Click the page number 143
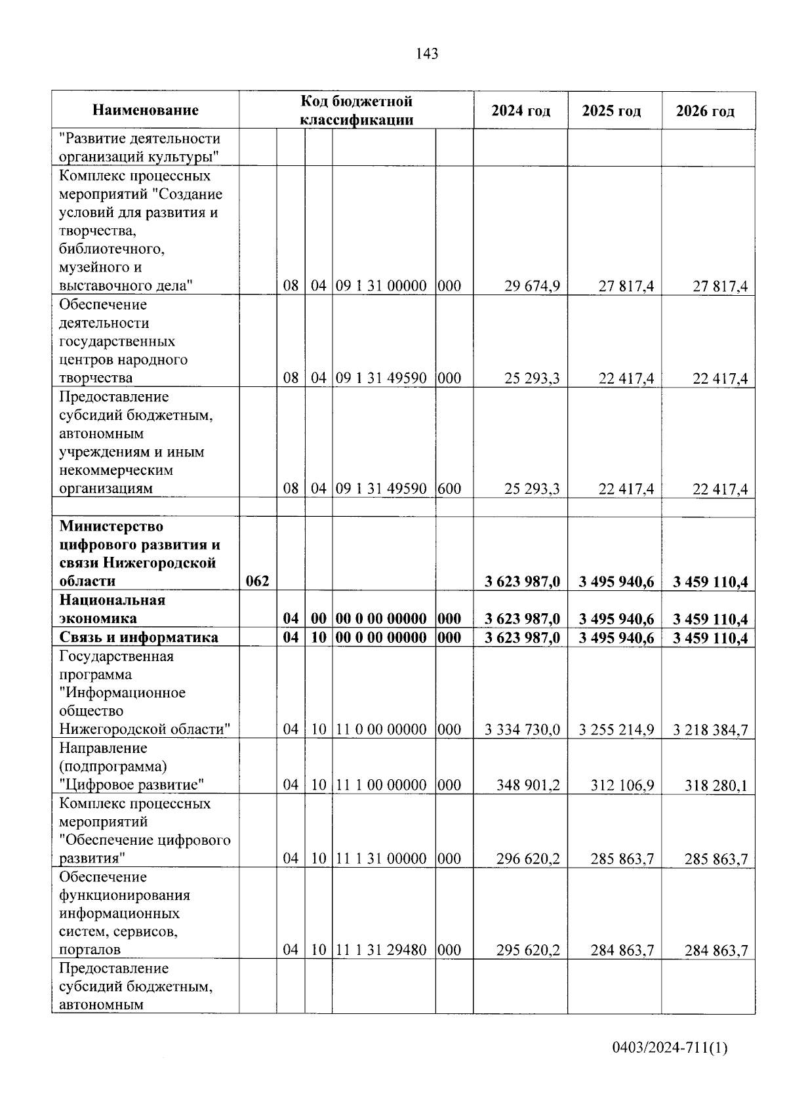(x=427, y=54)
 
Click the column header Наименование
(x=145, y=110)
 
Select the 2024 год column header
(x=521, y=110)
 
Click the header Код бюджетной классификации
(x=356, y=110)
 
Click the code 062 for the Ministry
(x=257, y=581)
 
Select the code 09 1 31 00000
(x=382, y=286)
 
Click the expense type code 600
(x=449, y=489)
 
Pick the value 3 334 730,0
(x=523, y=729)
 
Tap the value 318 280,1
(x=716, y=785)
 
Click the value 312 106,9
(x=622, y=785)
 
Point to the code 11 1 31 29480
(x=382, y=950)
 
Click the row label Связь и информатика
(x=138, y=637)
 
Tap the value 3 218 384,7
(x=710, y=729)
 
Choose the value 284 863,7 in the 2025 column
(x=622, y=950)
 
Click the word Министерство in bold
(x=111, y=527)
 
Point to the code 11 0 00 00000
(x=382, y=729)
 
